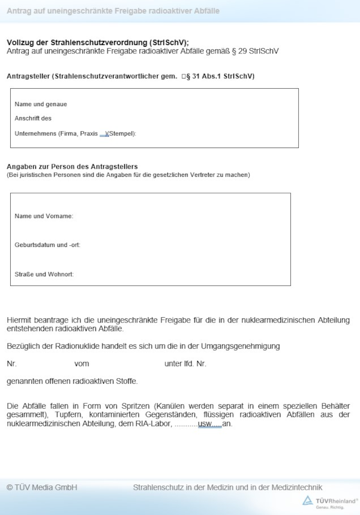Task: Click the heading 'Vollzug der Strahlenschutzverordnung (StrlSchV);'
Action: point(97,43)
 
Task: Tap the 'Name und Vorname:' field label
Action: point(44,216)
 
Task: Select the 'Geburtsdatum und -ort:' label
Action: point(47,245)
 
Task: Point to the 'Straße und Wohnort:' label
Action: point(44,274)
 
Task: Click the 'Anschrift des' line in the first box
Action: point(33,118)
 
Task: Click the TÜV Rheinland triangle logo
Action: point(307,501)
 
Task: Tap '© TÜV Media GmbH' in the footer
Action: point(42,487)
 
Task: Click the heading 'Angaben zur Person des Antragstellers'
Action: point(72,166)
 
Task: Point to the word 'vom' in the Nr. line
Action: point(82,363)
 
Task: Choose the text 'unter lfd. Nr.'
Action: point(185,363)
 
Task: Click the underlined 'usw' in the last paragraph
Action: point(205,424)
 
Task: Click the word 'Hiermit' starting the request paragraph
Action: point(19,320)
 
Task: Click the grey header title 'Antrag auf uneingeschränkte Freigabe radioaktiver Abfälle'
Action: point(113,11)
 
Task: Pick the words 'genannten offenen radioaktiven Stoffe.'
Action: point(72,381)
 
